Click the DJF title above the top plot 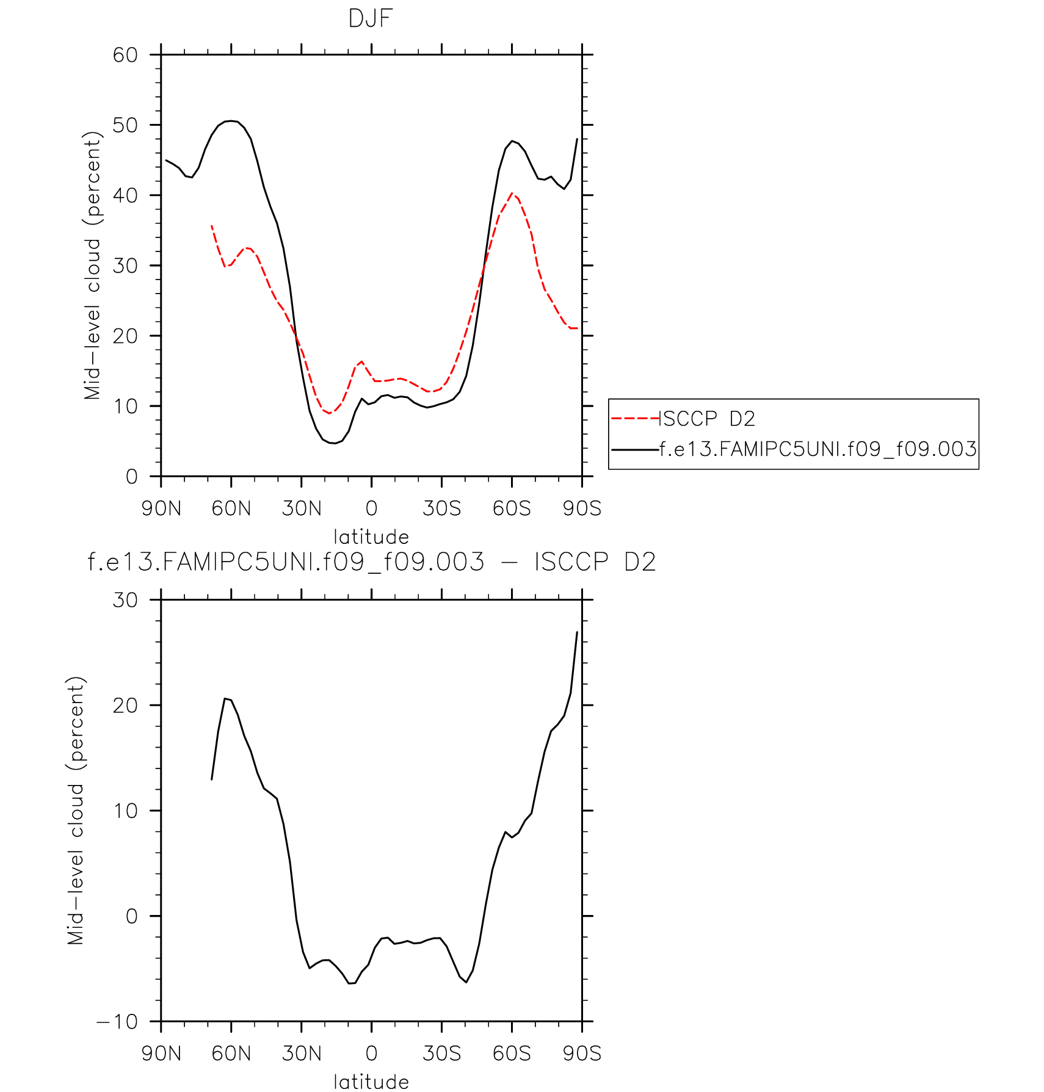click(370, 19)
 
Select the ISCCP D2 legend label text click(708, 419)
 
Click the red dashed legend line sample click(635, 419)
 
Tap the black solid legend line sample click(635, 449)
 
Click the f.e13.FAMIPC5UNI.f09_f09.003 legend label click(818, 449)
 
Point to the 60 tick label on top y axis click(125, 55)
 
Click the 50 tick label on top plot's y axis click(125, 125)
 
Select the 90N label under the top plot click(161, 508)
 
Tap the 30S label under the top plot click(441, 508)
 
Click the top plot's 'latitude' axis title click(371, 537)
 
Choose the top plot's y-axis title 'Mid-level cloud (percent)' click(92, 266)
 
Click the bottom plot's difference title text click(371, 562)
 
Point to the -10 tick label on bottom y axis click(117, 1022)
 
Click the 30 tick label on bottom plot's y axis click(125, 600)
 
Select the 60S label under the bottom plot click(512, 1054)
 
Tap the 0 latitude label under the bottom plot click(371, 1054)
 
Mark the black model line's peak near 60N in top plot click(230, 121)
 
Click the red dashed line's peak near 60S click(512, 193)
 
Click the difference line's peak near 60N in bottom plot click(225, 698)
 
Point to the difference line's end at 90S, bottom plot click(577, 632)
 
